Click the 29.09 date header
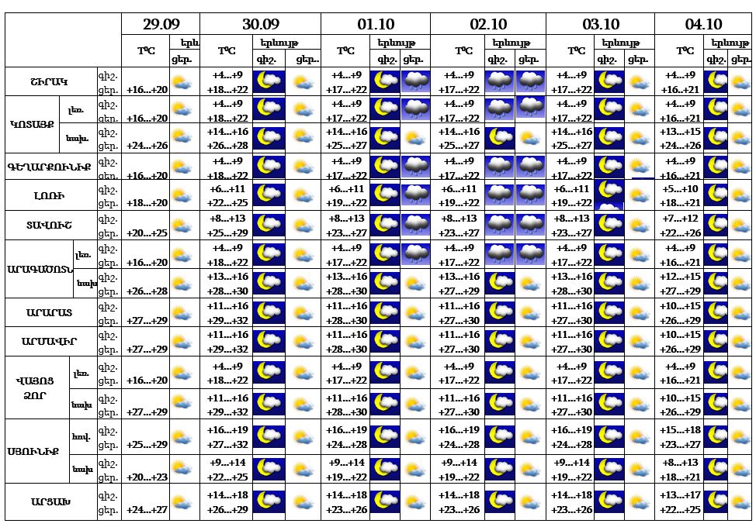pyautogui.click(x=160, y=24)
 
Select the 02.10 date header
pyautogui.click(x=488, y=24)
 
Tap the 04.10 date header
pyautogui.click(x=703, y=24)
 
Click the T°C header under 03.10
pyautogui.click(x=575, y=51)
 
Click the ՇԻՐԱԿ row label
pyautogui.click(x=49, y=81)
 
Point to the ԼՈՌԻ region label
pyautogui.click(x=49, y=195)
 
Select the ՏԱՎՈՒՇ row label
pyautogui.click(x=49, y=225)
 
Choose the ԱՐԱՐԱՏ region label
pyautogui.click(x=49, y=313)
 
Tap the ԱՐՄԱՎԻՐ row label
pyautogui.click(x=49, y=342)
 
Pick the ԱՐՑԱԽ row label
pyautogui.click(x=49, y=501)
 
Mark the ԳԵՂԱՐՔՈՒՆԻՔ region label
pyautogui.click(x=49, y=167)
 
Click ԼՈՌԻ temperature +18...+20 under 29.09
pyautogui.click(x=147, y=202)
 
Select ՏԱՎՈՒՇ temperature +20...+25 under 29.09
pyautogui.click(x=147, y=232)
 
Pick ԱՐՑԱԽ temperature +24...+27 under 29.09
pyautogui.click(x=147, y=509)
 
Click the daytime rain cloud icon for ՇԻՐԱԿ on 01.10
pyautogui.click(x=415, y=81)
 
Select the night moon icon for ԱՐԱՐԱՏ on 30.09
pyautogui.click(x=269, y=312)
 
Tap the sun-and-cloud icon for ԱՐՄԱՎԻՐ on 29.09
pyautogui.click(x=183, y=342)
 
